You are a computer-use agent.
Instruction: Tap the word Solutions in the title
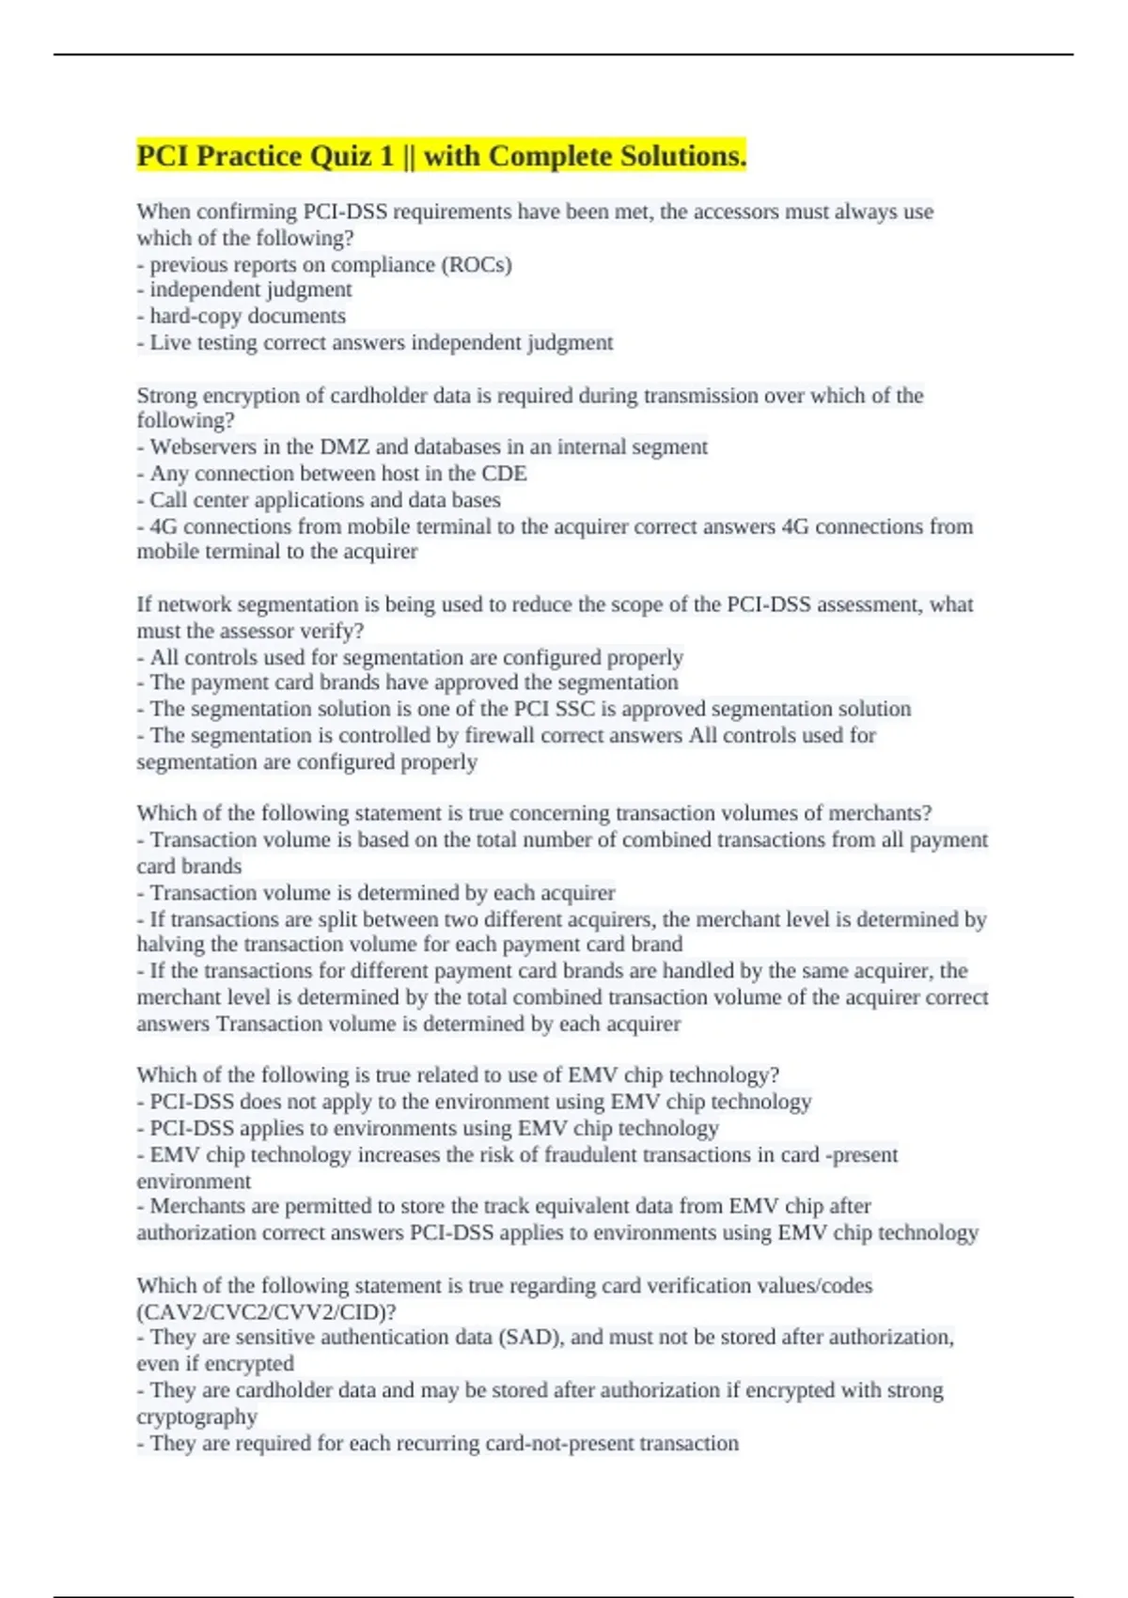tap(681, 155)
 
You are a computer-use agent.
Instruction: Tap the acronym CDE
tap(504, 473)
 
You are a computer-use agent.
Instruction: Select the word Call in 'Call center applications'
tap(168, 499)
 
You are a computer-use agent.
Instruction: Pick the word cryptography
tap(196, 1417)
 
